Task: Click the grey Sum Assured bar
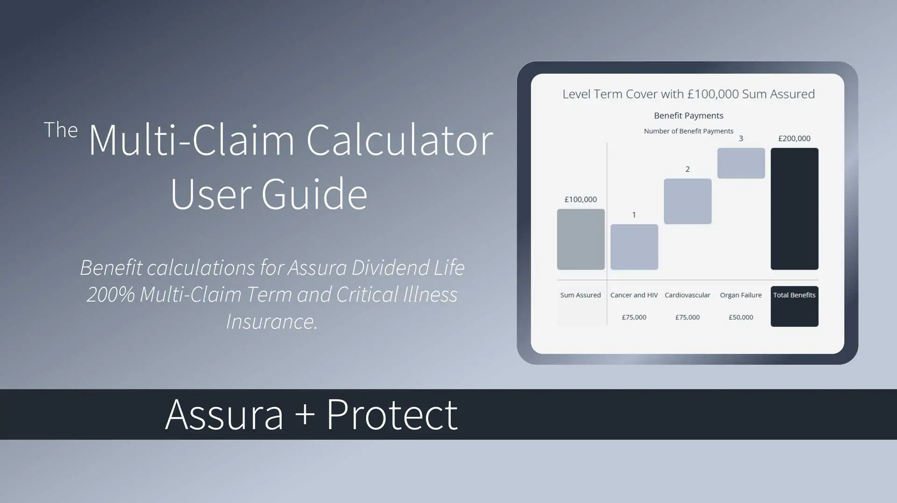[x=581, y=239]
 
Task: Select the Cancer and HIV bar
[x=634, y=247]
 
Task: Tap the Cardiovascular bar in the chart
[x=687, y=201]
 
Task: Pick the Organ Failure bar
[x=741, y=163]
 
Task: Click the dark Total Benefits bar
[x=794, y=209]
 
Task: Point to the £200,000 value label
[x=794, y=138]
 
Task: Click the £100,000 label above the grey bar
[x=581, y=199]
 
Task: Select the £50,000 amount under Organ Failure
[x=741, y=317]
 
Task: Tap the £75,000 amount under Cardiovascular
[x=687, y=317]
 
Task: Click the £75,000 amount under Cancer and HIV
[x=634, y=317]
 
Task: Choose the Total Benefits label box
[x=794, y=306]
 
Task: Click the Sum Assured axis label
[x=580, y=295]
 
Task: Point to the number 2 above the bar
[x=687, y=169]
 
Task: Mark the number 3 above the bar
[x=740, y=138]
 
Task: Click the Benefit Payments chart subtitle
[x=688, y=115]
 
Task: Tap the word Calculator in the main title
[x=399, y=140]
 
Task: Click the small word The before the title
[x=60, y=130]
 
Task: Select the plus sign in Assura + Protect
[x=305, y=414]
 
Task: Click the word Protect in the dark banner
[x=392, y=415]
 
